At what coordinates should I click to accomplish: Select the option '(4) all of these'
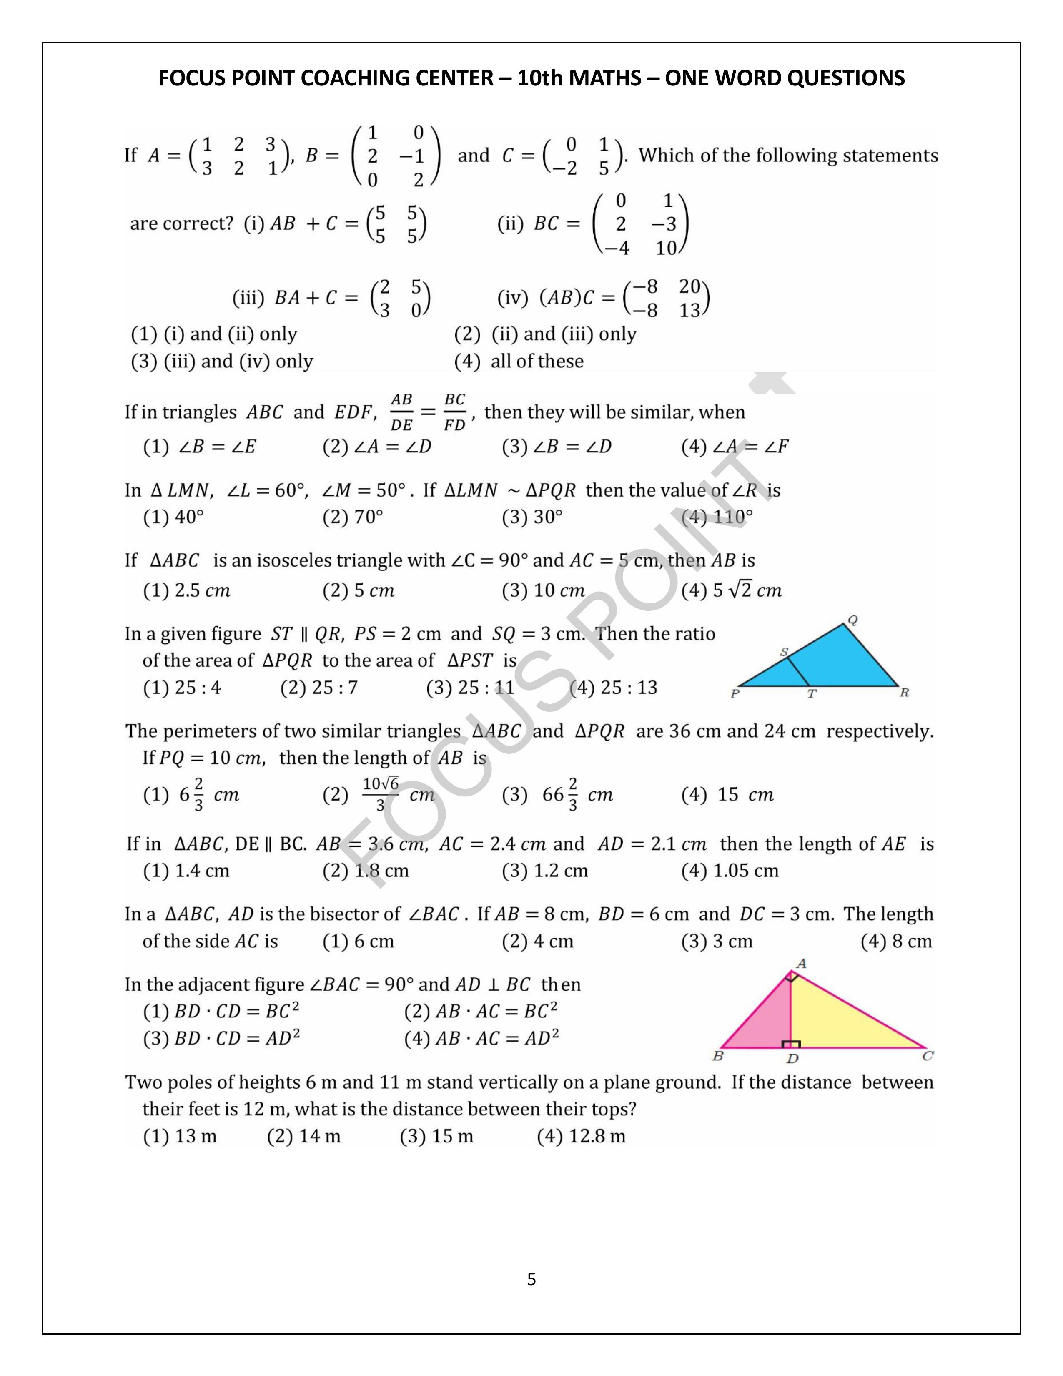(519, 361)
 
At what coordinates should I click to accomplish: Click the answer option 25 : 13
(613, 687)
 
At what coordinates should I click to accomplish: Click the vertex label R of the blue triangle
(904, 693)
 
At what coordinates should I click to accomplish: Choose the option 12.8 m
(581, 1136)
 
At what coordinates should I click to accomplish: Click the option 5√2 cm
(731, 590)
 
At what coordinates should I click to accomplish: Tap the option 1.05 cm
(730, 871)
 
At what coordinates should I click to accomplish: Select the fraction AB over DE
(401, 412)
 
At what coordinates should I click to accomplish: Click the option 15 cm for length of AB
(727, 794)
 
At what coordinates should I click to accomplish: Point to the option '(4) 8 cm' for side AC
(896, 941)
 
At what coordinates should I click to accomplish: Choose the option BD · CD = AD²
(222, 1038)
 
